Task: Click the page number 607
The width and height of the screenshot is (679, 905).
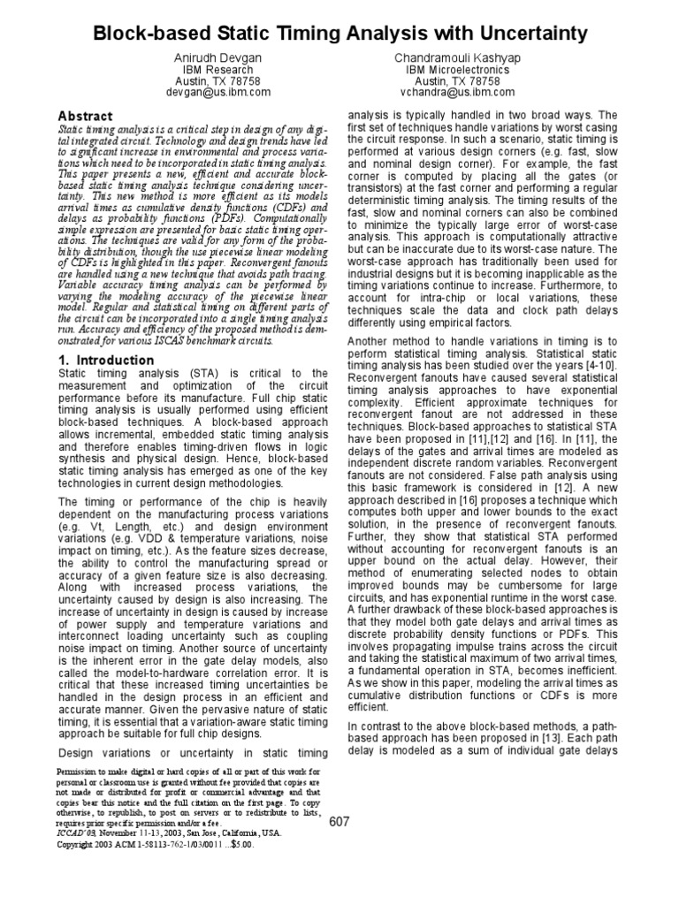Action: coord(339,822)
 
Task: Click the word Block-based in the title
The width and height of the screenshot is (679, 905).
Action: coord(152,34)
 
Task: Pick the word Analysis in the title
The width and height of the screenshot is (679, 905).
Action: coord(382,34)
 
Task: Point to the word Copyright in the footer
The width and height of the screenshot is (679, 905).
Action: coord(80,845)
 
